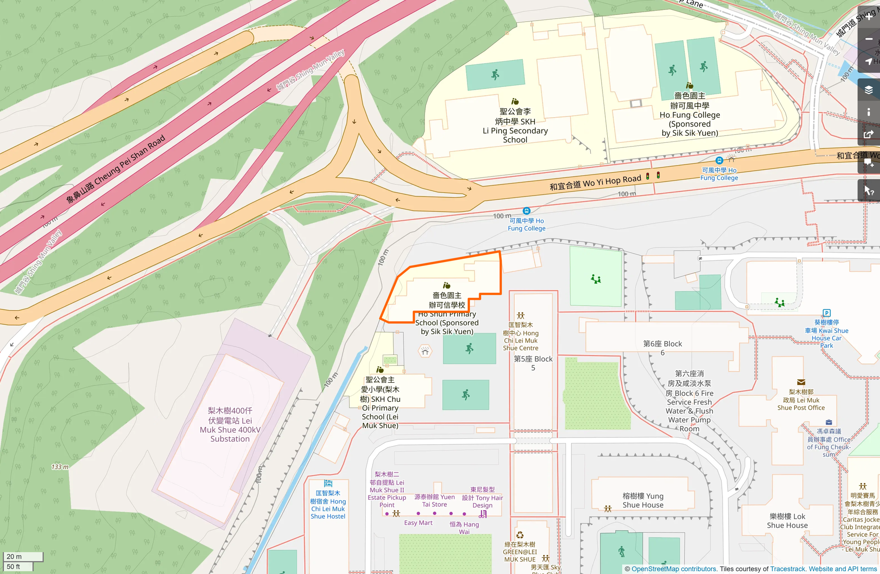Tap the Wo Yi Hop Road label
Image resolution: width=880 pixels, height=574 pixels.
595,182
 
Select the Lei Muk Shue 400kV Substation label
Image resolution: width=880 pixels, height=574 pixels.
230,425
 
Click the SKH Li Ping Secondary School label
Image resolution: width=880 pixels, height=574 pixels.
515,126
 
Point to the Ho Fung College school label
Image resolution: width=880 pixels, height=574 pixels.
689,115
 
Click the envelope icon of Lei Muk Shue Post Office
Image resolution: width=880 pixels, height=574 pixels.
801,382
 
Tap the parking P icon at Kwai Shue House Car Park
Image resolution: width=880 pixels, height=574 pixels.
826,313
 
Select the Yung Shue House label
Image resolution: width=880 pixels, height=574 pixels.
643,500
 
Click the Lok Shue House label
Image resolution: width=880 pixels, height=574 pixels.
787,521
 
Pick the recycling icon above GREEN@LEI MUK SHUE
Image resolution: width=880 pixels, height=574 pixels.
520,535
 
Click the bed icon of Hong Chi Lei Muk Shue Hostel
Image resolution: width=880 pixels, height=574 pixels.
328,483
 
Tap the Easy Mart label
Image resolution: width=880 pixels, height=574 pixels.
418,523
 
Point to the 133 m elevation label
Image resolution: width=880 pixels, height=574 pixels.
60,467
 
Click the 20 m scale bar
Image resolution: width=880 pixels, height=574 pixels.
22,557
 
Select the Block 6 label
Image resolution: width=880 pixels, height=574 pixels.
662,348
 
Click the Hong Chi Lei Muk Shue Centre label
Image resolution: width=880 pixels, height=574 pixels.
521,336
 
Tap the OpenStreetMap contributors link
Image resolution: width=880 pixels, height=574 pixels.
674,569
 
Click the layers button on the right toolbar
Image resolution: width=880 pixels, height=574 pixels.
868,90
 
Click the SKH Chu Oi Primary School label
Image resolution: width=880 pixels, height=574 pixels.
380,403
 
